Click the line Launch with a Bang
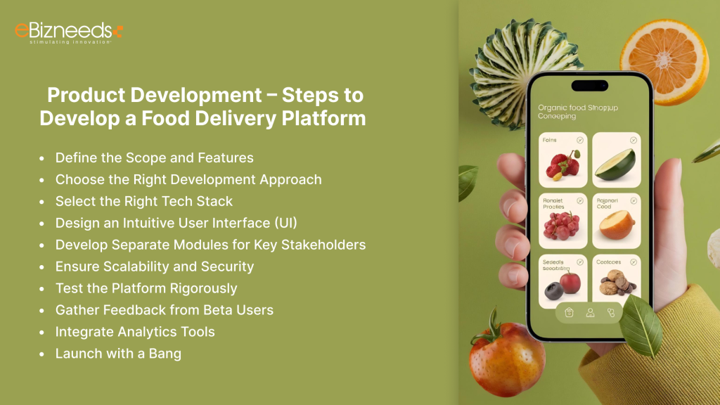coord(118,354)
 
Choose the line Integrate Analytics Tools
coord(135,332)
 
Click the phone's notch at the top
coord(589,86)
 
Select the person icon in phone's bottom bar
coord(591,313)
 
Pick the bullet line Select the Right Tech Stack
coord(143,201)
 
